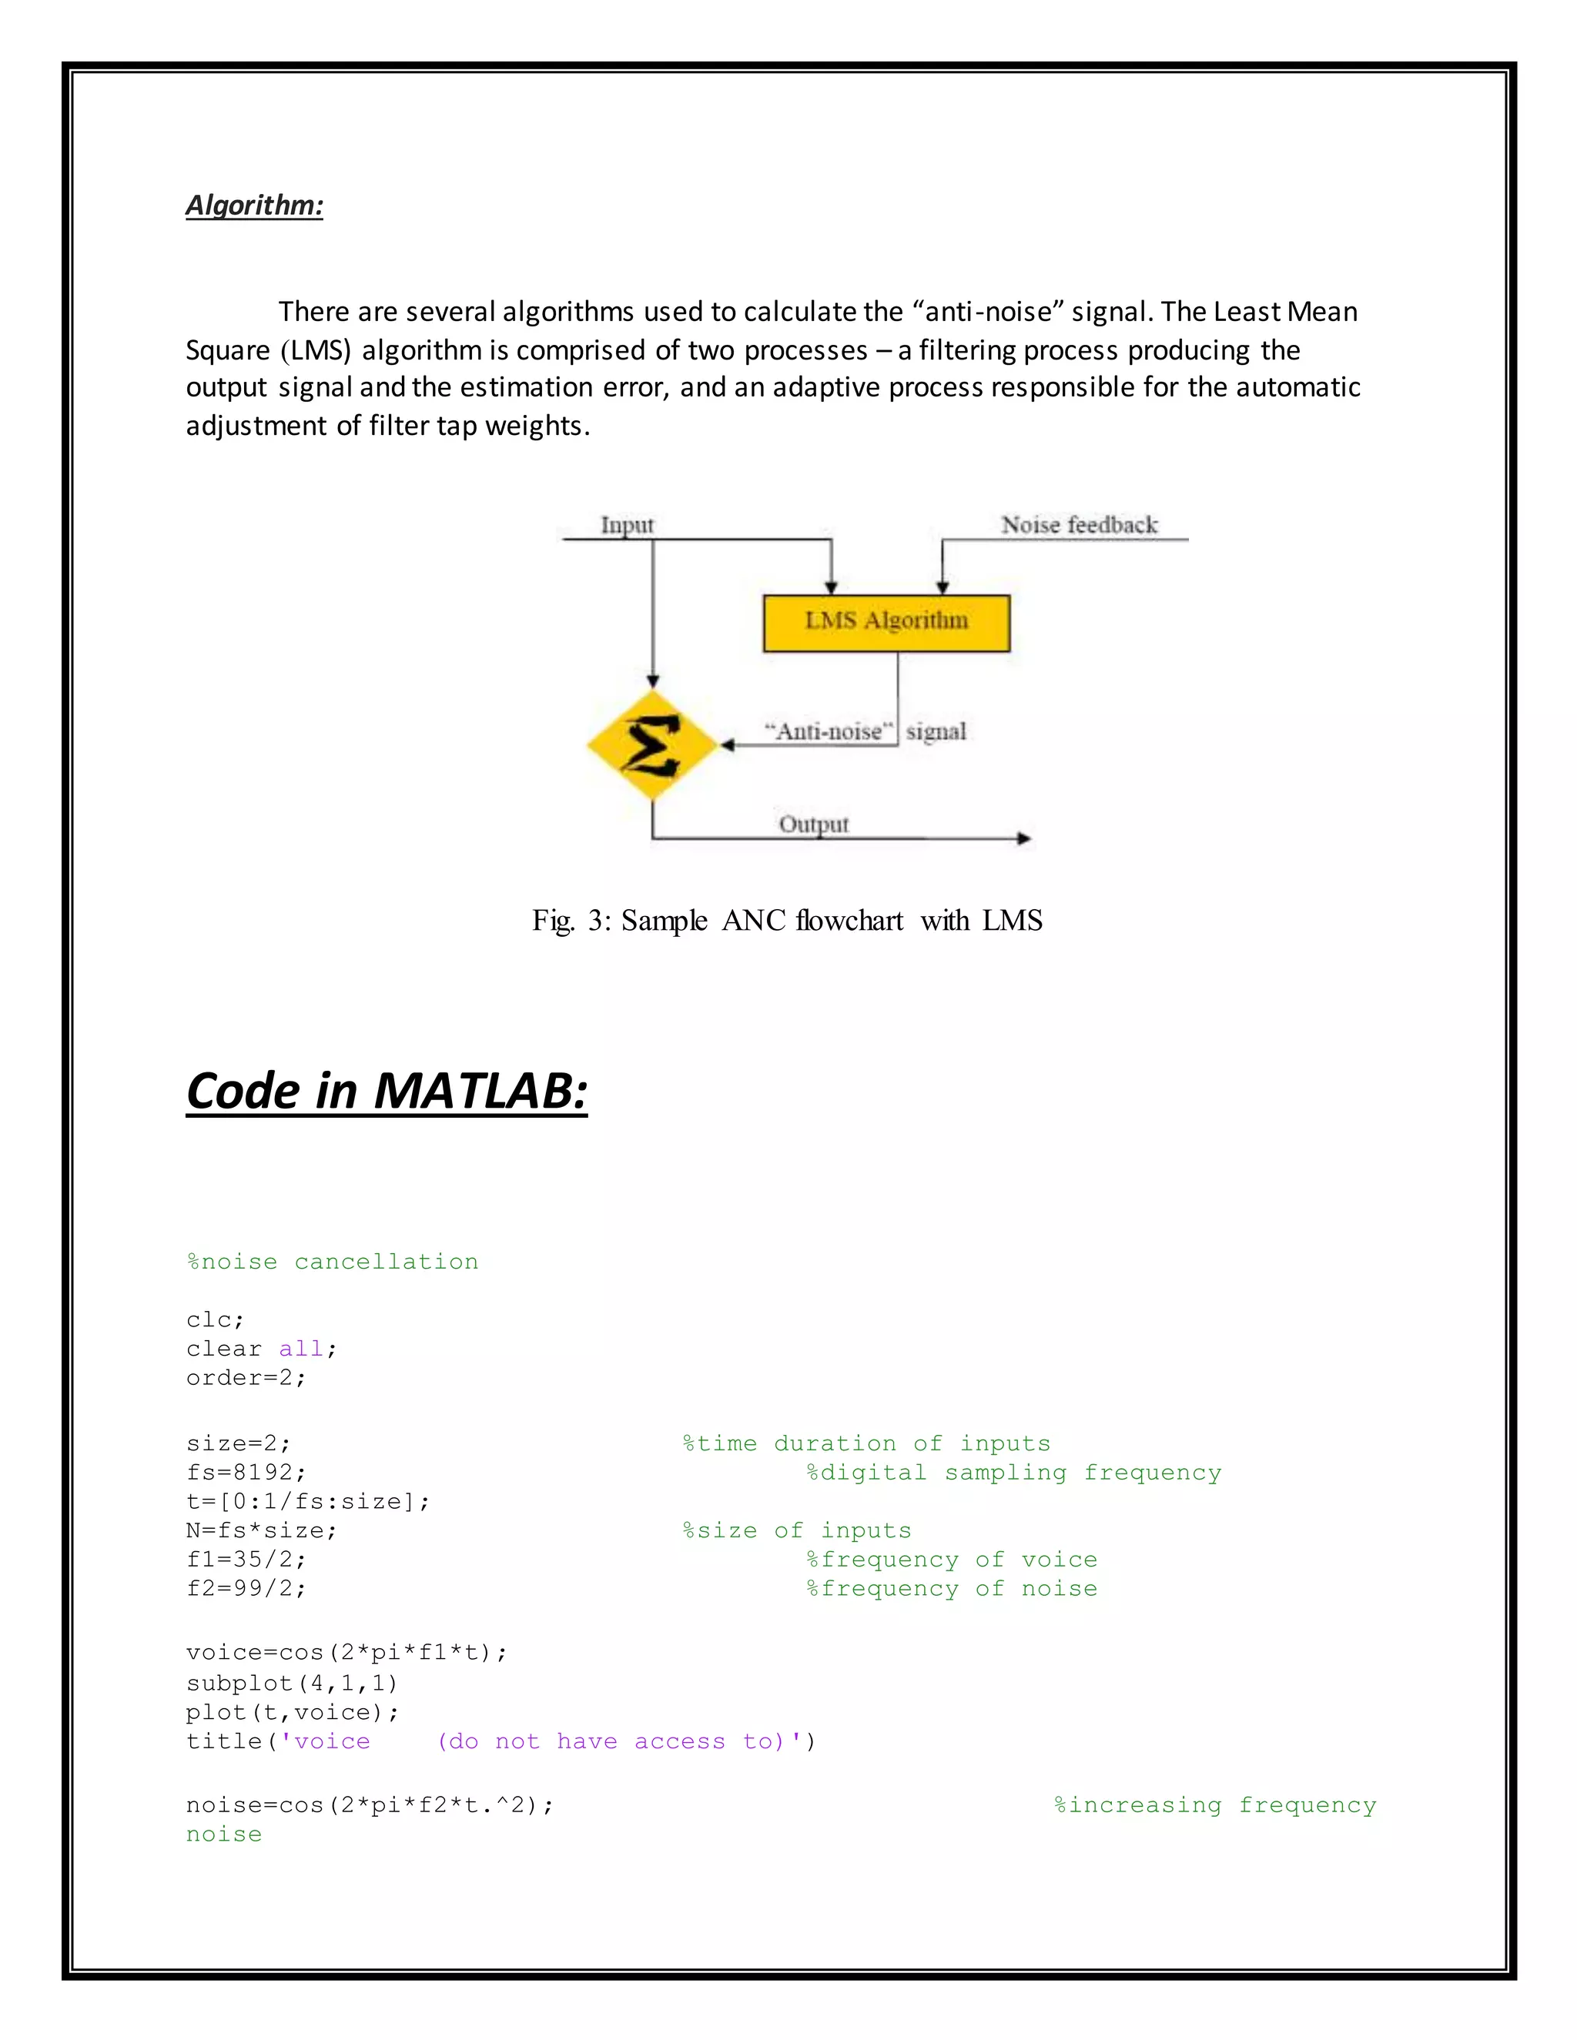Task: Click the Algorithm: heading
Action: click(254, 205)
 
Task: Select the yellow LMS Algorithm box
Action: click(886, 623)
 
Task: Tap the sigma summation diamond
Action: click(652, 744)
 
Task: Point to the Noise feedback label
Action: click(1079, 525)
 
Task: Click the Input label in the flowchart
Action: click(627, 525)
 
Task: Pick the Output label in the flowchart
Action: click(814, 824)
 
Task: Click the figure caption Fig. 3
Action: click(787, 921)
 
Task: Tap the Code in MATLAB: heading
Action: click(387, 1091)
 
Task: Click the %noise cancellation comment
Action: click(333, 1262)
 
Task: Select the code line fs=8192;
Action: click(246, 1472)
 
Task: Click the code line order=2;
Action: click(246, 1378)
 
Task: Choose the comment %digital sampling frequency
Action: click(1013, 1473)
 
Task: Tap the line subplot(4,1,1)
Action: click(293, 1683)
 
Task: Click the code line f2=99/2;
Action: click(246, 1589)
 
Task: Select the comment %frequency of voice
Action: click(952, 1560)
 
